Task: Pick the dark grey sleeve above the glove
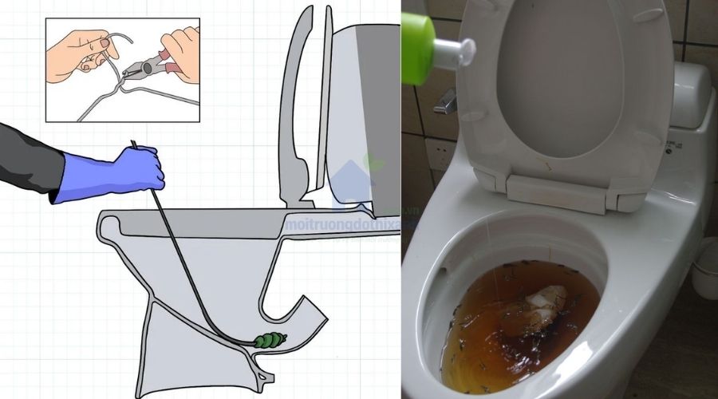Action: pyautogui.click(x=28, y=160)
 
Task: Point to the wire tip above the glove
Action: pyautogui.click(x=133, y=145)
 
